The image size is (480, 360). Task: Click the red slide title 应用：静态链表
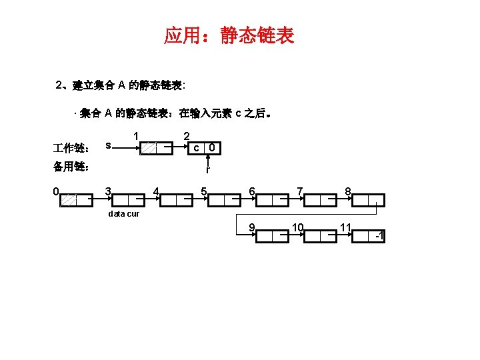tap(229, 35)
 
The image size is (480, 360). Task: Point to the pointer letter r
tap(209, 170)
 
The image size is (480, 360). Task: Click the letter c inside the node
tap(196, 147)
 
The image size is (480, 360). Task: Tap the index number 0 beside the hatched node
tap(57, 192)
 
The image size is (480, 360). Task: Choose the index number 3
tap(108, 192)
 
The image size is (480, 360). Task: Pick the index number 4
tap(155, 192)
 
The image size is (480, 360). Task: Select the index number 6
tap(251, 192)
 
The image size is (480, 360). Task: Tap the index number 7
tap(300, 192)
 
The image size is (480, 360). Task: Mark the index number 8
tap(348, 192)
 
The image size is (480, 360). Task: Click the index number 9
tap(251, 228)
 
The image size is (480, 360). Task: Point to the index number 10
tap(297, 228)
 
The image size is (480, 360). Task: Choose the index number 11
tap(345, 228)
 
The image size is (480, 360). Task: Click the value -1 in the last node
tap(378, 236)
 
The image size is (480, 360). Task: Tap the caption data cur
tap(123, 214)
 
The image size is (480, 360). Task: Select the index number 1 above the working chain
tap(136, 137)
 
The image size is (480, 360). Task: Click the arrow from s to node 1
tap(127, 147)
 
